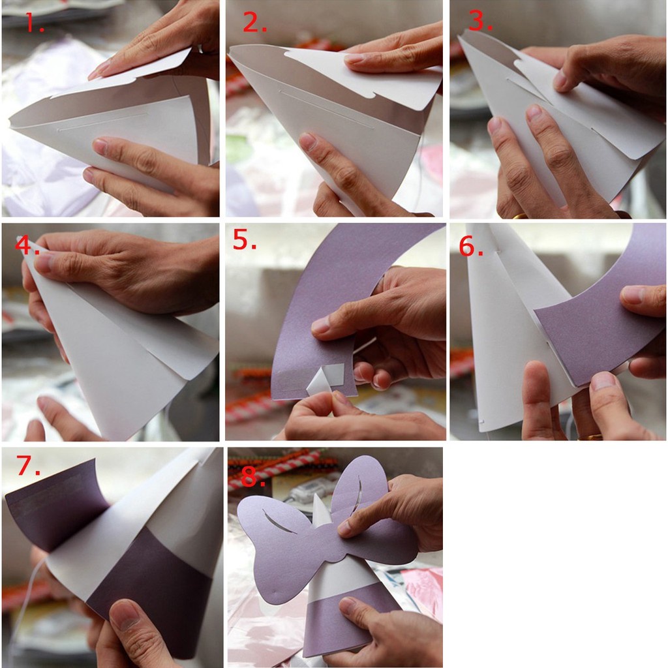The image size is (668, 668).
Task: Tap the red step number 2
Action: pos(255,22)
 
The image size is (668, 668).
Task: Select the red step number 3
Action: pos(480,20)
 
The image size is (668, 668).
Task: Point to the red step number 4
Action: pos(27,245)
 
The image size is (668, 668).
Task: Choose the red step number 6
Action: pos(471,246)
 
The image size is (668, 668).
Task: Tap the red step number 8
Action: pos(253,476)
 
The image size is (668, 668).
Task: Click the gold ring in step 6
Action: pos(590,436)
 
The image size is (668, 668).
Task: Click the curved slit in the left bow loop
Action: pos(279,521)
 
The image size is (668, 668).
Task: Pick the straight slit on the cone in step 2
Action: pos(326,109)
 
